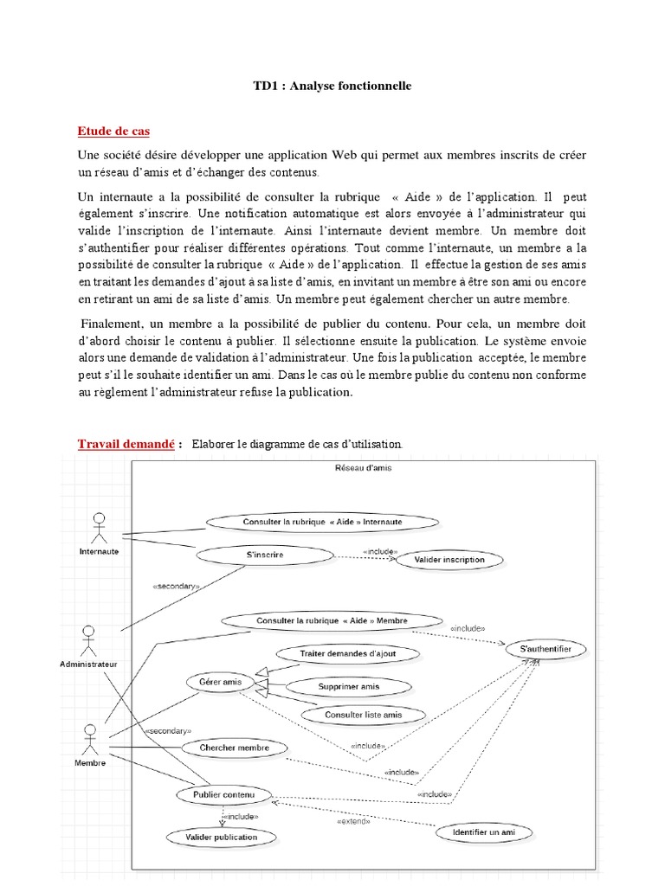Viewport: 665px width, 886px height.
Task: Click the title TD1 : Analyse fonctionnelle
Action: pyautogui.click(x=332, y=86)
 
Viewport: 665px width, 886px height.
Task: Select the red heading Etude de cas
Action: pyautogui.click(x=113, y=131)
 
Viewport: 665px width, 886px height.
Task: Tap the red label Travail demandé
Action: pyautogui.click(x=126, y=444)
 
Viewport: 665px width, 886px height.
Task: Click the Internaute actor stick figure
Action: pyautogui.click(x=99, y=527)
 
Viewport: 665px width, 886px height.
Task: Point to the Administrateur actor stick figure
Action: pyautogui.click(x=87, y=640)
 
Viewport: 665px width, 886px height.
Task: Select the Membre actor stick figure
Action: pyautogui.click(x=89, y=740)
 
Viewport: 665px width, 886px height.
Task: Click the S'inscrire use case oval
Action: pyautogui.click(x=265, y=555)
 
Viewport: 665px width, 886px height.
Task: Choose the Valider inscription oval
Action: pyautogui.click(x=449, y=560)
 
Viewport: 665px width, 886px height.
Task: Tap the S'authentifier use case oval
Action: pyautogui.click(x=552, y=649)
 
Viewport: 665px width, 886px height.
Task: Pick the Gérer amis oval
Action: pyautogui.click(x=220, y=682)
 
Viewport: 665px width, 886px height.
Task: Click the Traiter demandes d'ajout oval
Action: pyautogui.click(x=347, y=654)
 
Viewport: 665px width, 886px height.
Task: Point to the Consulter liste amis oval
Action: pyautogui.click(x=363, y=715)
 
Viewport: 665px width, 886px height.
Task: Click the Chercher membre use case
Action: pyautogui.click(x=234, y=748)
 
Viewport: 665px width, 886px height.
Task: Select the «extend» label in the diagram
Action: pyautogui.click(x=353, y=821)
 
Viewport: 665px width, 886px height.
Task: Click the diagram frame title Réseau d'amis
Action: pyautogui.click(x=364, y=468)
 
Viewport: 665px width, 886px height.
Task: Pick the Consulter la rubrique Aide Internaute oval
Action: pyautogui.click(x=322, y=523)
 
